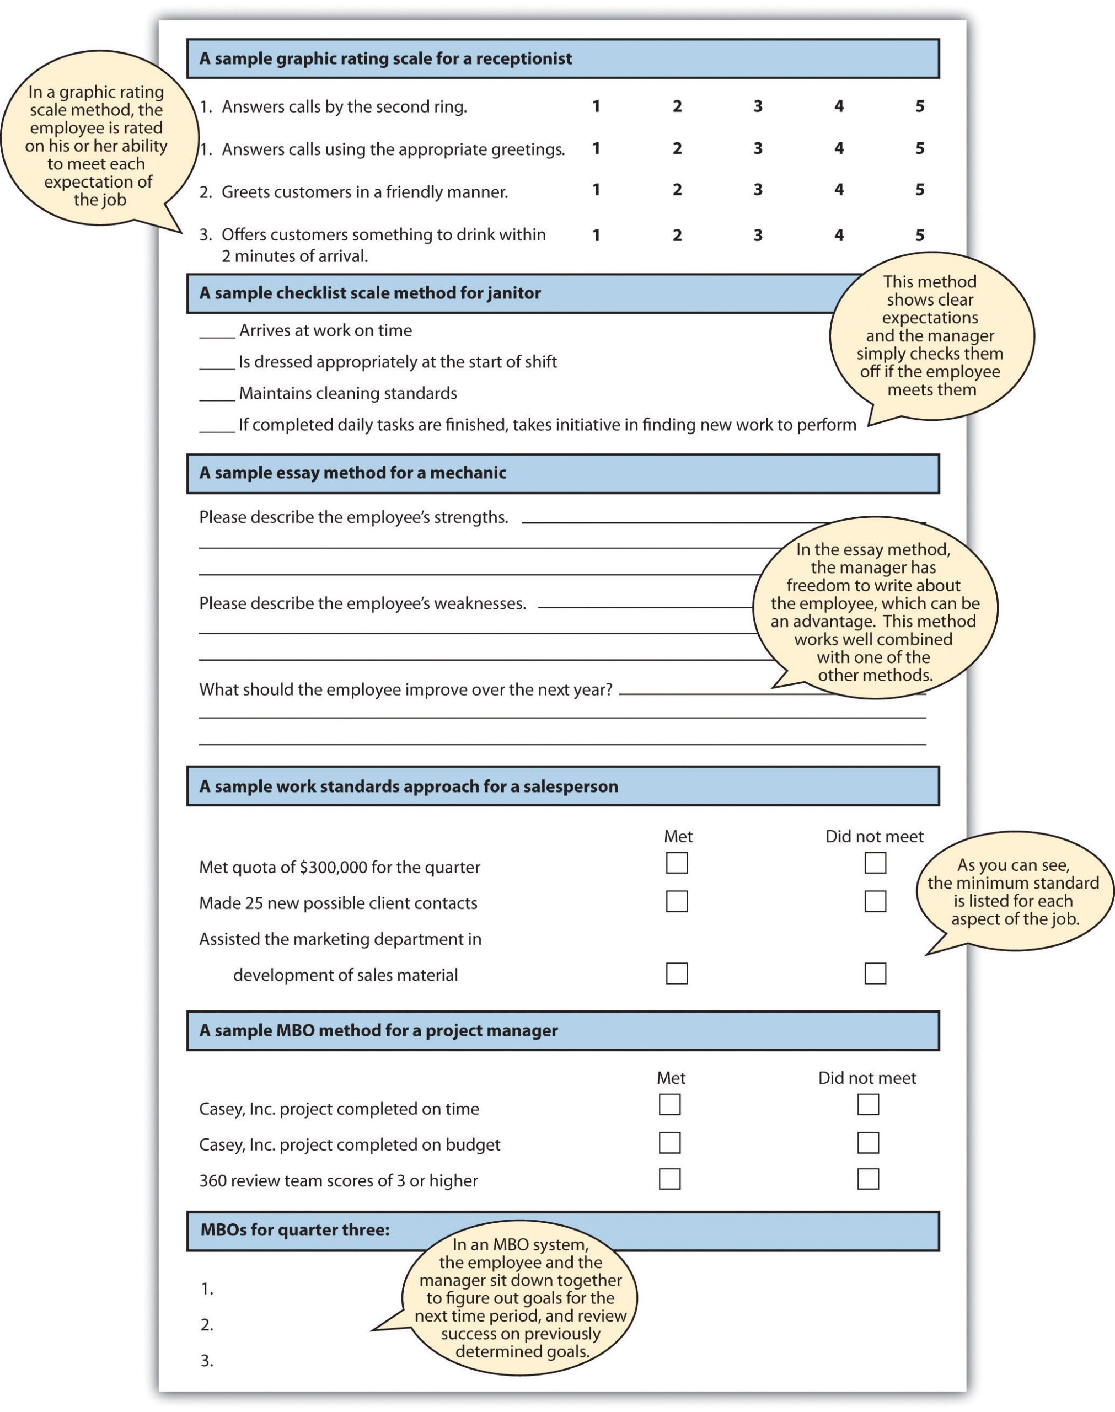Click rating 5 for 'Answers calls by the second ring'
click(x=919, y=106)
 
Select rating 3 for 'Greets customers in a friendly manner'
click(x=757, y=190)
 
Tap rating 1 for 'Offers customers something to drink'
click(x=596, y=235)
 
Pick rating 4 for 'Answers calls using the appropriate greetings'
click(x=838, y=148)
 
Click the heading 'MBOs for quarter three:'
click(x=294, y=1230)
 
